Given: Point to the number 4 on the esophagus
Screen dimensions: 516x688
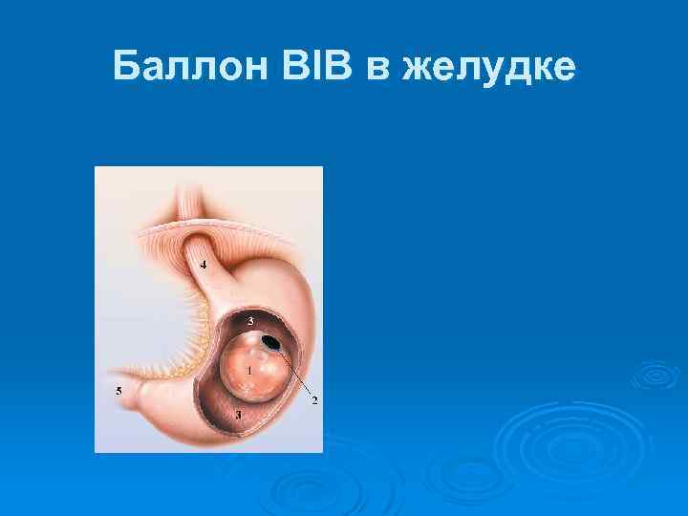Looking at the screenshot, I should [203, 264].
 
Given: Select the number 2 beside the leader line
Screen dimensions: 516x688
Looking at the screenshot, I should [314, 399].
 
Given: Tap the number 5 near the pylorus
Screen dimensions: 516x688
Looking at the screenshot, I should [118, 391].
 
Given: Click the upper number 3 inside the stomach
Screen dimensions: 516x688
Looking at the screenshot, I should [250, 319].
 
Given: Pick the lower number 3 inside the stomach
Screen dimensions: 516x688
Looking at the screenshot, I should [238, 416].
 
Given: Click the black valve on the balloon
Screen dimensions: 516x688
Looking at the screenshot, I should [271, 341].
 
